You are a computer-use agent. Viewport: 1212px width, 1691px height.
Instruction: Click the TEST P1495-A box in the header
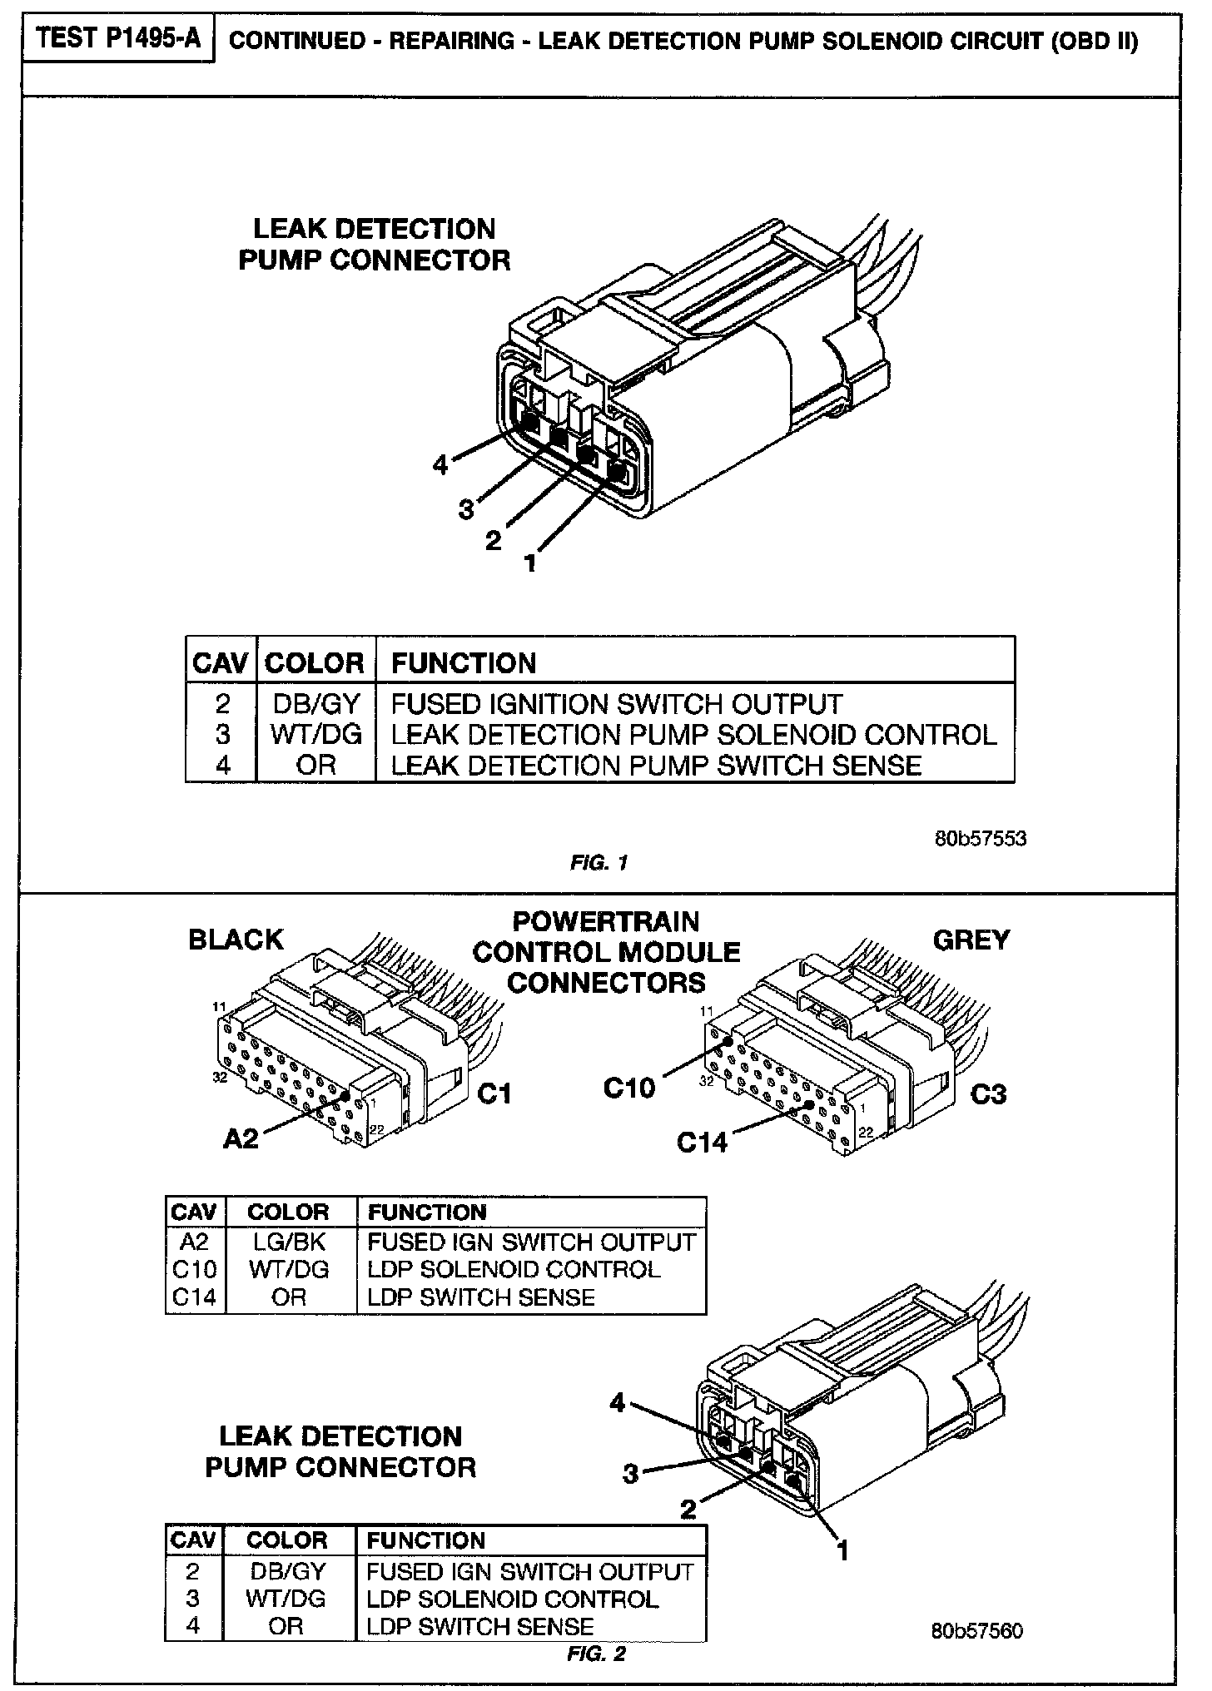point(119,39)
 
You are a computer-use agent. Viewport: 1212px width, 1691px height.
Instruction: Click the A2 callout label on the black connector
point(241,1138)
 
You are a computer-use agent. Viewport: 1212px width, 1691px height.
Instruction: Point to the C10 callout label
point(628,1087)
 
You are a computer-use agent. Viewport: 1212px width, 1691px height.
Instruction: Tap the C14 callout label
point(702,1142)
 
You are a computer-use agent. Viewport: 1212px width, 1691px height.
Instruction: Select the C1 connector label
point(494,1093)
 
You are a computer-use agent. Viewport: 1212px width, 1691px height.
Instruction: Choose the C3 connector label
point(988,1093)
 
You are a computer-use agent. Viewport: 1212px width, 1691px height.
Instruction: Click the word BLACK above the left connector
point(236,940)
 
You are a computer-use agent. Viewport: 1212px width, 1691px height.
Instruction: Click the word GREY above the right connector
point(971,940)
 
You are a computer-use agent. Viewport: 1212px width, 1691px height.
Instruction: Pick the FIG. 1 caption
point(599,863)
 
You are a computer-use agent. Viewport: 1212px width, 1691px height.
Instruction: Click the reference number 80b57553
point(980,838)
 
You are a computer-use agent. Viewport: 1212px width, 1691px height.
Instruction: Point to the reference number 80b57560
point(976,1630)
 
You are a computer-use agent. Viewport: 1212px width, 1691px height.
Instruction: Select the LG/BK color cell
point(289,1242)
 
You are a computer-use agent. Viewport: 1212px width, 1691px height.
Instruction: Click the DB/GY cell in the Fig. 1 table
point(315,704)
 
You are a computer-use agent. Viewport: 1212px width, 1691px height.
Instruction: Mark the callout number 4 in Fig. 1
point(440,464)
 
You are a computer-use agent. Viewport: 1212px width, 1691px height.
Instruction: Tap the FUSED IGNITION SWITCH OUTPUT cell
point(617,704)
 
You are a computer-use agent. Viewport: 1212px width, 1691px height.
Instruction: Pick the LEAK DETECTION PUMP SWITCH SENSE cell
point(656,766)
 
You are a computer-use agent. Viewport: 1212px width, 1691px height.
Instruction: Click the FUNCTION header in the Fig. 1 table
point(464,662)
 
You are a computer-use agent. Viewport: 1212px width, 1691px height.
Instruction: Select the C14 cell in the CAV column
point(194,1297)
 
